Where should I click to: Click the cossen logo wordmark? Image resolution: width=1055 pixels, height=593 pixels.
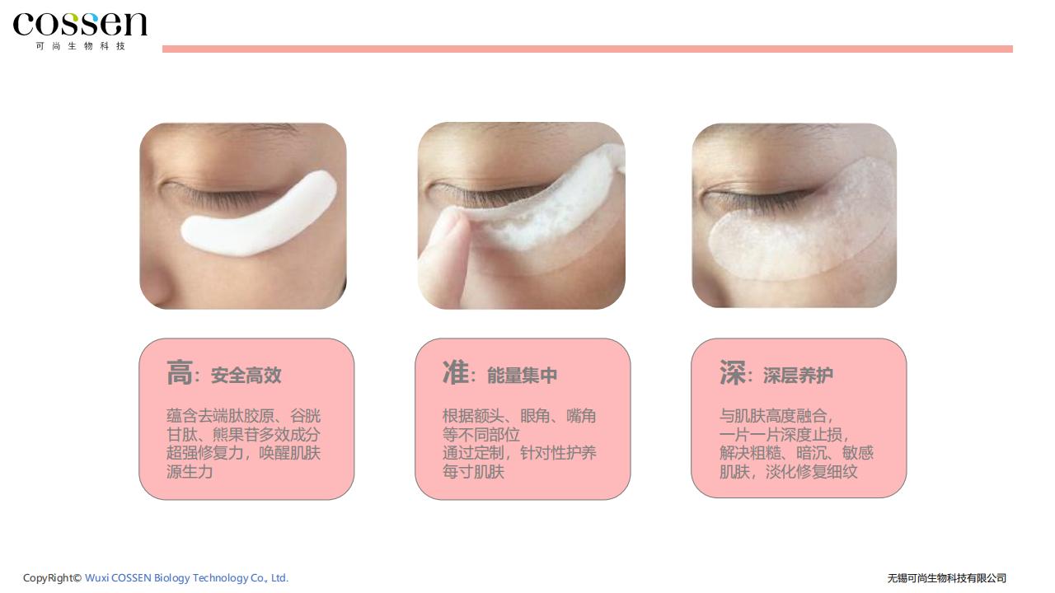pyautogui.click(x=80, y=25)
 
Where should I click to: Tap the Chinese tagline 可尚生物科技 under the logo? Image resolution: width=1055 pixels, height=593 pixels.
pyautogui.click(x=81, y=46)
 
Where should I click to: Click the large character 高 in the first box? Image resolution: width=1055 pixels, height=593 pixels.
pyautogui.click(x=180, y=373)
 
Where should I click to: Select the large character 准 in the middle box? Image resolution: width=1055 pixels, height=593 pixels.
pyautogui.click(x=456, y=373)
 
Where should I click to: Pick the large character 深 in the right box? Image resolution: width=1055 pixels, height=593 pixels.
pyautogui.click(x=733, y=373)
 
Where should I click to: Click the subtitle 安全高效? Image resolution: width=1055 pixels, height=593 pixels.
pyautogui.click(x=246, y=376)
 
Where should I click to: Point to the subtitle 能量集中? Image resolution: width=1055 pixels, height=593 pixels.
pyautogui.click(x=522, y=376)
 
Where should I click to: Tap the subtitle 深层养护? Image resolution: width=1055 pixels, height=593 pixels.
pyautogui.click(x=799, y=376)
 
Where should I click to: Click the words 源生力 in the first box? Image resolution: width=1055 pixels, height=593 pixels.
pyautogui.click(x=190, y=472)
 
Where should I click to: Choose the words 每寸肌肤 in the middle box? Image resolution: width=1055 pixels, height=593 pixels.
pyautogui.click(x=473, y=472)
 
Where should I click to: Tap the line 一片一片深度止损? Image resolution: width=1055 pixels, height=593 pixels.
pyautogui.click(x=783, y=434)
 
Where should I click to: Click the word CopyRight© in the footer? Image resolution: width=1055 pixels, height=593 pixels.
pyautogui.click(x=52, y=578)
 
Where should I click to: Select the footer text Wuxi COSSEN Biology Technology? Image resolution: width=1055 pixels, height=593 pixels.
pyautogui.click(x=166, y=578)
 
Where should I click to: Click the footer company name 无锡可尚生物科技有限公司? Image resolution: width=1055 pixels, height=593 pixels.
pyautogui.click(x=947, y=578)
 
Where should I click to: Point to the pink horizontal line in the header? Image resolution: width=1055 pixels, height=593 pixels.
pyautogui.click(x=588, y=49)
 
